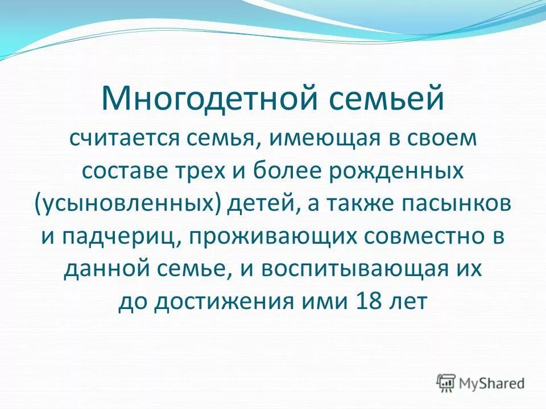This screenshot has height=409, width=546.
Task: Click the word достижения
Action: (218, 302)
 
